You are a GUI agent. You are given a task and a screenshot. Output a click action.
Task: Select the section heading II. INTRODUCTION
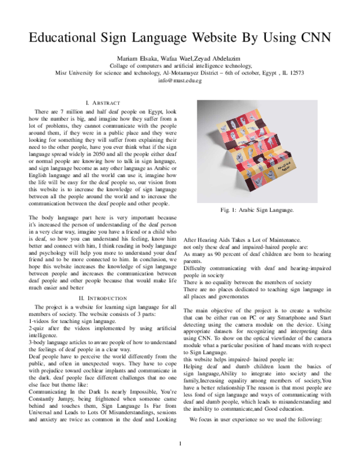[103, 298]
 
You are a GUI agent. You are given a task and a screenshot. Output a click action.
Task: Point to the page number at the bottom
[180, 444]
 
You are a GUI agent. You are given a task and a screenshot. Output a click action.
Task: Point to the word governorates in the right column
[214, 297]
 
